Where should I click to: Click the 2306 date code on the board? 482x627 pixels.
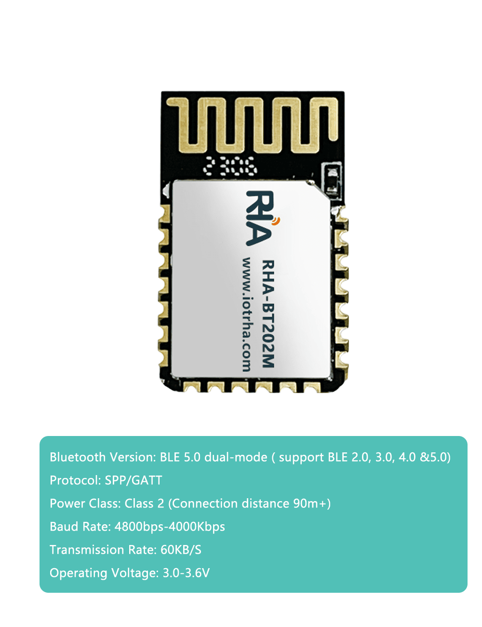[x=230, y=166]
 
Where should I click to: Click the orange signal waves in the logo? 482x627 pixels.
[x=277, y=221]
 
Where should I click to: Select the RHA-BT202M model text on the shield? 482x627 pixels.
[x=268, y=314]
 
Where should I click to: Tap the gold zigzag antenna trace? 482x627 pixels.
[x=253, y=124]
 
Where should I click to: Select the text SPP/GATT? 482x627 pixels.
[x=133, y=480]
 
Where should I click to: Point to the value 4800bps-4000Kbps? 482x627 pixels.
[x=170, y=527]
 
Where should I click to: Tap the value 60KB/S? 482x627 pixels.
[x=181, y=550]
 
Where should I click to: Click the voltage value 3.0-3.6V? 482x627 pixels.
[x=186, y=573]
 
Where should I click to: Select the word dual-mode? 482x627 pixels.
[x=236, y=457]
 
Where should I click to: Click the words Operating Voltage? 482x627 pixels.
[x=104, y=573]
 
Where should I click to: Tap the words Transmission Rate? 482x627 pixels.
[x=103, y=550]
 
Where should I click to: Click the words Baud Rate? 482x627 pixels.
[x=80, y=527]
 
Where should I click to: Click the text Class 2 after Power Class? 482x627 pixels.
[x=144, y=504]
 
